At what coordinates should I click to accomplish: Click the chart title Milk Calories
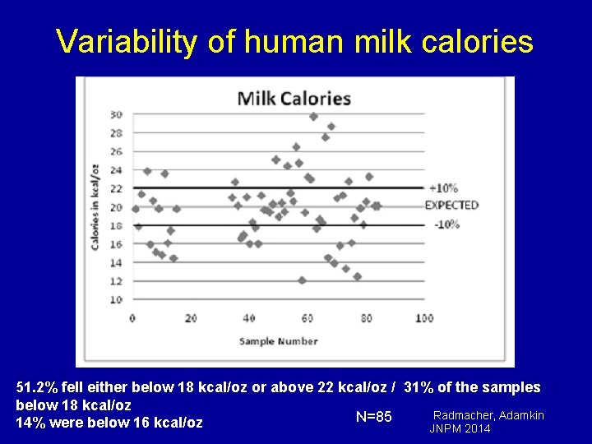(294, 99)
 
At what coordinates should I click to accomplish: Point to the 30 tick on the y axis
(116, 114)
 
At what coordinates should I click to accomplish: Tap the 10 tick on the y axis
(116, 299)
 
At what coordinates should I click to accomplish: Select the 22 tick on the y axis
(116, 188)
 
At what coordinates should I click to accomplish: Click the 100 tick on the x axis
(424, 318)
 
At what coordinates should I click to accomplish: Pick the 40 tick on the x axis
(249, 318)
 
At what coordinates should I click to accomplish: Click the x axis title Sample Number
(280, 340)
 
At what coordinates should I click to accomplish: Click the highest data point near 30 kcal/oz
(313, 117)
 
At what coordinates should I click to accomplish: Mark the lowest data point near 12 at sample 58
(302, 280)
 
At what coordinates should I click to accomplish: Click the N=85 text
(373, 417)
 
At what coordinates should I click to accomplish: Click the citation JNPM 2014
(460, 428)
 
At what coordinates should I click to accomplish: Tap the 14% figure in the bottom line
(29, 423)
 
